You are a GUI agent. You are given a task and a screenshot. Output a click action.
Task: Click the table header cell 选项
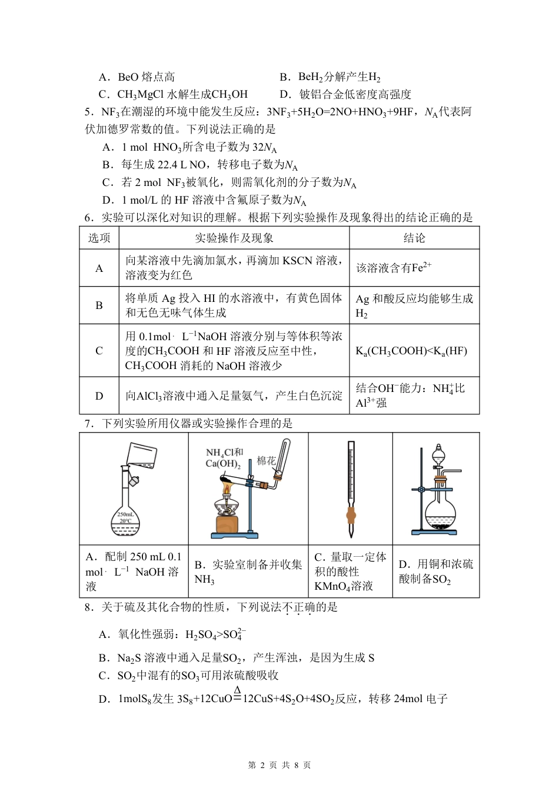coord(99,238)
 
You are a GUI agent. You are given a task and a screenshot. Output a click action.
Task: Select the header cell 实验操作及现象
coord(234,238)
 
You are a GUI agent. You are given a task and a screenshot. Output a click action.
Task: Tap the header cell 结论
coord(414,238)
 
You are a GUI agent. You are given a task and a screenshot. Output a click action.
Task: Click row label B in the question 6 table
coord(99,305)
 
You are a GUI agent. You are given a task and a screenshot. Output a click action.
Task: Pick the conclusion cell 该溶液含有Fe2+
coord(394,268)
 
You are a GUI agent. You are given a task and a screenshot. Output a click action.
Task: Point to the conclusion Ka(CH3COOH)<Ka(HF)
coord(411,351)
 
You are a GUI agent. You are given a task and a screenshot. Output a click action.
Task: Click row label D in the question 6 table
coord(99,396)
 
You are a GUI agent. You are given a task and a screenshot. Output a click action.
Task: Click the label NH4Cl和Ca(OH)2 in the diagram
coord(224,458)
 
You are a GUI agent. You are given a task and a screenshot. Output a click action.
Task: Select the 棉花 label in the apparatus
coord(266,461)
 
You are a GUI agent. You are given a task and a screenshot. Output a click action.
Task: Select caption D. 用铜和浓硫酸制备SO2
coord(435,571)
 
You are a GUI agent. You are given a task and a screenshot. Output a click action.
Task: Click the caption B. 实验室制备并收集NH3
coord(248,571)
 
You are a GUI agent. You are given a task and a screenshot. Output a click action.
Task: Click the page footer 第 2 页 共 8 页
coord(279,765)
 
